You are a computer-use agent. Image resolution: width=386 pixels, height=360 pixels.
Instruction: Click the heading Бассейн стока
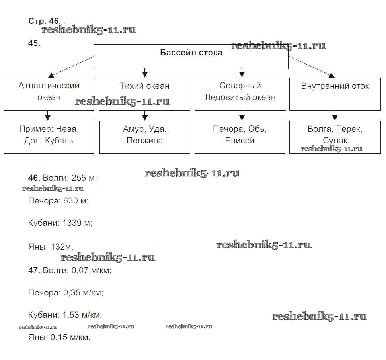click(191, 53)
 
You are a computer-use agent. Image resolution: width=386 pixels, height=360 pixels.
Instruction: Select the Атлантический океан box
click(49, 94)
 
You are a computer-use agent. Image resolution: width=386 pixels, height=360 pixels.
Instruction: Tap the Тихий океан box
click(144, 94)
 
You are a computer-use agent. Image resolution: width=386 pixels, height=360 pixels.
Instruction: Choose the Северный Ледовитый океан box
click(240, 94)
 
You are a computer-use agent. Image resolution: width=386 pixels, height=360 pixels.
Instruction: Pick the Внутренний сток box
click(335, 94)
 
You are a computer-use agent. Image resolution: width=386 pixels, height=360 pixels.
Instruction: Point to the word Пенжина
click(144, 140)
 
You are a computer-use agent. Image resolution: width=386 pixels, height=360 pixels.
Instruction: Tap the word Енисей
click(240, 140)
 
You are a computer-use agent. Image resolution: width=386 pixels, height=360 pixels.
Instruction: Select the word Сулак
click(335, 140)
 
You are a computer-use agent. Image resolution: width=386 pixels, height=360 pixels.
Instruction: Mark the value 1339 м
click(77, 223)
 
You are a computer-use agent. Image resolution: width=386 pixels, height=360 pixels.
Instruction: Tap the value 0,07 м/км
click(91, 270)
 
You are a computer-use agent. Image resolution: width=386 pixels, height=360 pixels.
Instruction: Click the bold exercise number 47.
click(34, 270)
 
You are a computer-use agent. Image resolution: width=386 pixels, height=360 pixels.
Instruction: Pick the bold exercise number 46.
click(34, 178)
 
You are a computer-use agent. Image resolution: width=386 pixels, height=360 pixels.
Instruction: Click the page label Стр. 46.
click(45, 21)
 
